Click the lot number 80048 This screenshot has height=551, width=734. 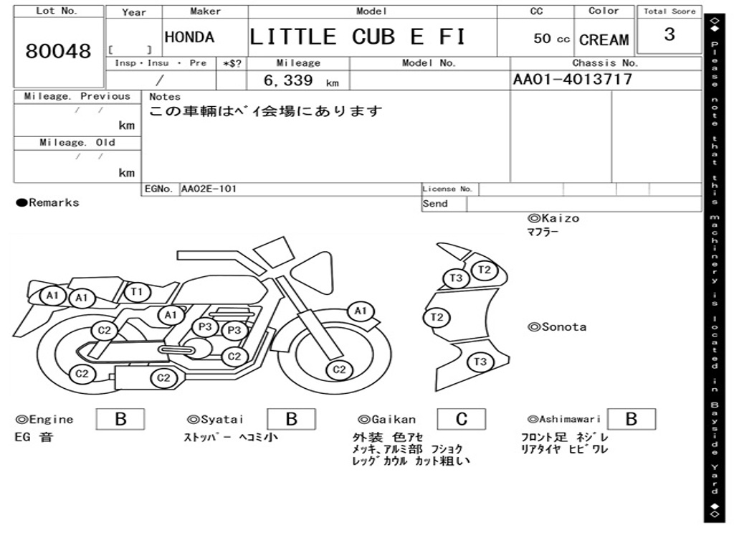click(x=59, y=52)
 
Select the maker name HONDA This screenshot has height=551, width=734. click(x=189, y=38)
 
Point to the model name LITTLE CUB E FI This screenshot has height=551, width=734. click(x=357, y=37)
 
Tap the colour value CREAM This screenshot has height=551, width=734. click(x=604, y=40)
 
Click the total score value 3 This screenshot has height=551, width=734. click(x=669, y=34)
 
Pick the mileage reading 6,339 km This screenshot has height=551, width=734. click(x=300, y=81)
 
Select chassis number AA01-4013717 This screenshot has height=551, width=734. click(x=573, y=80)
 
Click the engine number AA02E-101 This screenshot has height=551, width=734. click(x=209, y=189)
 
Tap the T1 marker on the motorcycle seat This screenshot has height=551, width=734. click(x=138, y=291)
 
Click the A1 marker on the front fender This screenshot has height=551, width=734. click(x=361, y=311)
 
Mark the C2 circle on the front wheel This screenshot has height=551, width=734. click(x=339, y=369)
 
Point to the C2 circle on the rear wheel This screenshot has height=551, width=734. click(x=83, y=373)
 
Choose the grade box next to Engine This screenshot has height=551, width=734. click(x=120, y=419)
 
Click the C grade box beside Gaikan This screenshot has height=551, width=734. click(x=461, y=419)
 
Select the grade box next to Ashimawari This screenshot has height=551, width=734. click(x=631, y=419)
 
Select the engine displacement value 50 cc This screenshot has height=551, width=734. click(x=551, y=39)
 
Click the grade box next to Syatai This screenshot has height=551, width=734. click(x=291, y=419)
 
